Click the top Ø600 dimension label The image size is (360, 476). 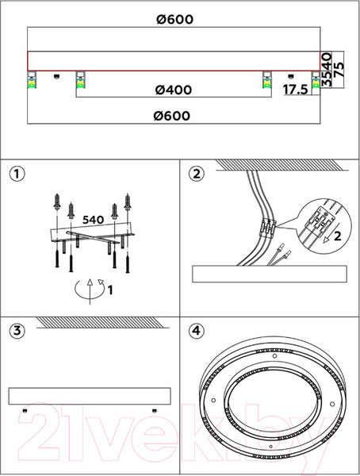coord(174,19)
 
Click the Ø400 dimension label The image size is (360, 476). coord(174,90)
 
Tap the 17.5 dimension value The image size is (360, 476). coord(295,90)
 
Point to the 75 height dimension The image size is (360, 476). coord(339,70)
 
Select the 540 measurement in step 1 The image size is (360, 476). coord(94,220)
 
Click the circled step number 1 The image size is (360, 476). coord(17,174)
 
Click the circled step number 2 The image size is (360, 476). coord(197,174)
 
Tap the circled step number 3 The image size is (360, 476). coord(17,330)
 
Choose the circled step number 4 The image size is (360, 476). coord(197,330)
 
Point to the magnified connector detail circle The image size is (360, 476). coord(324,225)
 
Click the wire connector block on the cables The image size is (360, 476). coord(267,228)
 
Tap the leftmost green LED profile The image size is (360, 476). coord(32,83)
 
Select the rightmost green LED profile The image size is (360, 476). coord(316,83)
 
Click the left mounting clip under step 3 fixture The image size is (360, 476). coord(25,411)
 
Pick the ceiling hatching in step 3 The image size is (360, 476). coord(103,322)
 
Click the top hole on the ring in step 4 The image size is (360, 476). coord(274,356)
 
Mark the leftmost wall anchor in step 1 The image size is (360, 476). coord(57,202)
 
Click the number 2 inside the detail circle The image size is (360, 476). coord(338,236)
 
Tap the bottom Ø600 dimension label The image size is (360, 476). coord(172,116)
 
